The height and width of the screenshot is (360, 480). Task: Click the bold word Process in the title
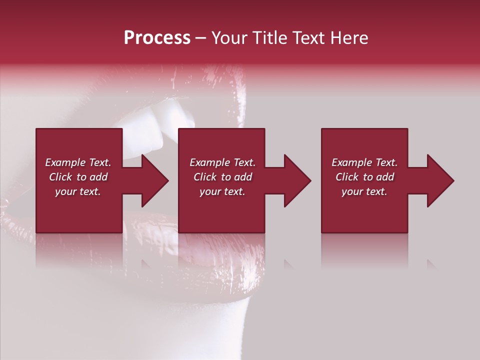(x=157, y=38)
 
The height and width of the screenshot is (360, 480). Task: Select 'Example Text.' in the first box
(x=78, y=162)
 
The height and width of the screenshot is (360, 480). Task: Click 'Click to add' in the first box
(x=78, y=177)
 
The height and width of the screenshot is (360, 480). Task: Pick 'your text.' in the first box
(x=78, y=191)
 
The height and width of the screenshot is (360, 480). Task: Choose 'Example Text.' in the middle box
(x=222, y=162)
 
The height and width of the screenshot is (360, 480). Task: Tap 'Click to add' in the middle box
(x=222, y=177)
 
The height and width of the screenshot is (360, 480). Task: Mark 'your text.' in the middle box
(x=222, y=191)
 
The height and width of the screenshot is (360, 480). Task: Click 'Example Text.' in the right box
(x=364, y=162)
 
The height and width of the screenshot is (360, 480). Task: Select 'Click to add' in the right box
(x=364, y=177)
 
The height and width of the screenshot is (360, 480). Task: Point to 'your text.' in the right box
(x=364, y=191)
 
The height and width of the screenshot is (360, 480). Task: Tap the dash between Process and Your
(x=200, y=38)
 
